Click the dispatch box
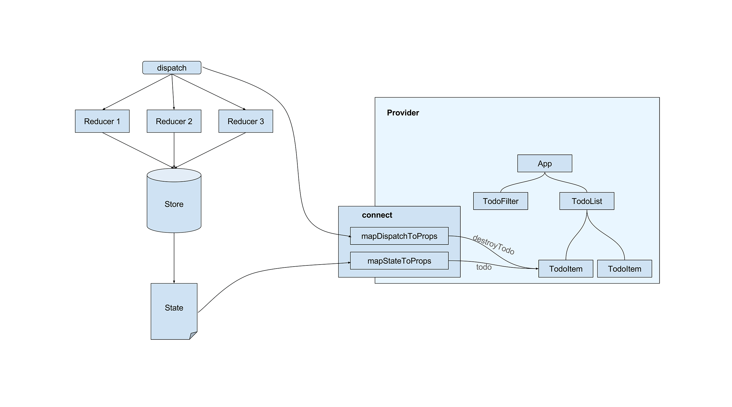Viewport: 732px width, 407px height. [172, 68]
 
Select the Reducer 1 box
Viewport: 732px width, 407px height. [102, 121]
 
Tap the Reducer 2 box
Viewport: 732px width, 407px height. [174, 121]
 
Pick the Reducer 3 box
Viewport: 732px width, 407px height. [246, 121]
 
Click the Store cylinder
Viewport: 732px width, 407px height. [174, 204]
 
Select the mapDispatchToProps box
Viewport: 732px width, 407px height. [399, 236]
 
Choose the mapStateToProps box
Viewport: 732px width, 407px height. [399, 261]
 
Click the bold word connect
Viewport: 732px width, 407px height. [377, 215]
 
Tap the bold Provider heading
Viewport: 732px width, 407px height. [403, 113]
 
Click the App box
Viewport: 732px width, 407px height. [544, 164]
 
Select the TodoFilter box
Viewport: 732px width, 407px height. [500, 201]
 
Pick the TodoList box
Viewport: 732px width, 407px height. [587, 201]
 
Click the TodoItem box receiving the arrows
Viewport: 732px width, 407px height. [566, 269]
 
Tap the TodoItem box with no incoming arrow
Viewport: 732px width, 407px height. [624, 269]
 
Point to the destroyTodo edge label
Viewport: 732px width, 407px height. [494, 245]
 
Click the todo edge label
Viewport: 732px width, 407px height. [484, 267]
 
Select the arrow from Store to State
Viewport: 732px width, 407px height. [174, 257]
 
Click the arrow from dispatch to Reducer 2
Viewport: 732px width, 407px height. [173, 92]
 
